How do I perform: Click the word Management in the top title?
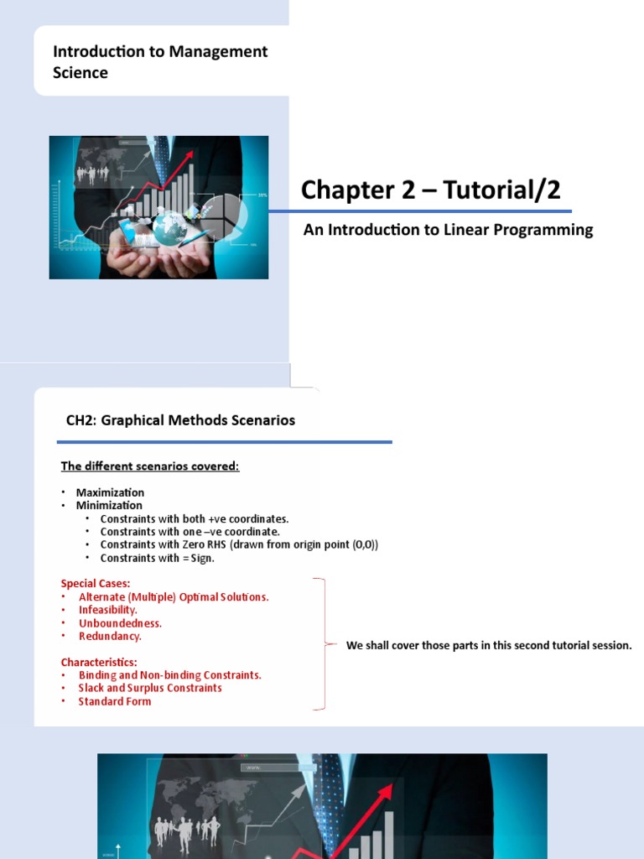tap(218, 52)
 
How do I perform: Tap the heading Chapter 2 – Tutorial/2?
tap(430, 190)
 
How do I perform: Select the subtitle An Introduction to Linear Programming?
tap(448, 230)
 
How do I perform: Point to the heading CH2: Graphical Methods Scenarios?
tap(181, 420)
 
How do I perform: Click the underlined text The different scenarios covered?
tap(150, 466)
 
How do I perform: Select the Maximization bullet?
tap(110, 492)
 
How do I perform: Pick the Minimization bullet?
tap(109, 505)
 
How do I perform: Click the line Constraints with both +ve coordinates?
tap(195, 518)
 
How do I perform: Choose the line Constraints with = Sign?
tap(157, 558)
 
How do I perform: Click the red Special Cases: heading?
tap(96, 584)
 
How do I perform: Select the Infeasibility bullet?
tap(108, 610)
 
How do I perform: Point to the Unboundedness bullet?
tap(120, 623)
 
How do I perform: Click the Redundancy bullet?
tap(110, 636)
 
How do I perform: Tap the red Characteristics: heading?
tap(99, 663)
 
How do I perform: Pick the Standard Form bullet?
tap(114, 701)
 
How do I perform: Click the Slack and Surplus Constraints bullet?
tap(150, 688)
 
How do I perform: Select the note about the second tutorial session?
tap(489, 645)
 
